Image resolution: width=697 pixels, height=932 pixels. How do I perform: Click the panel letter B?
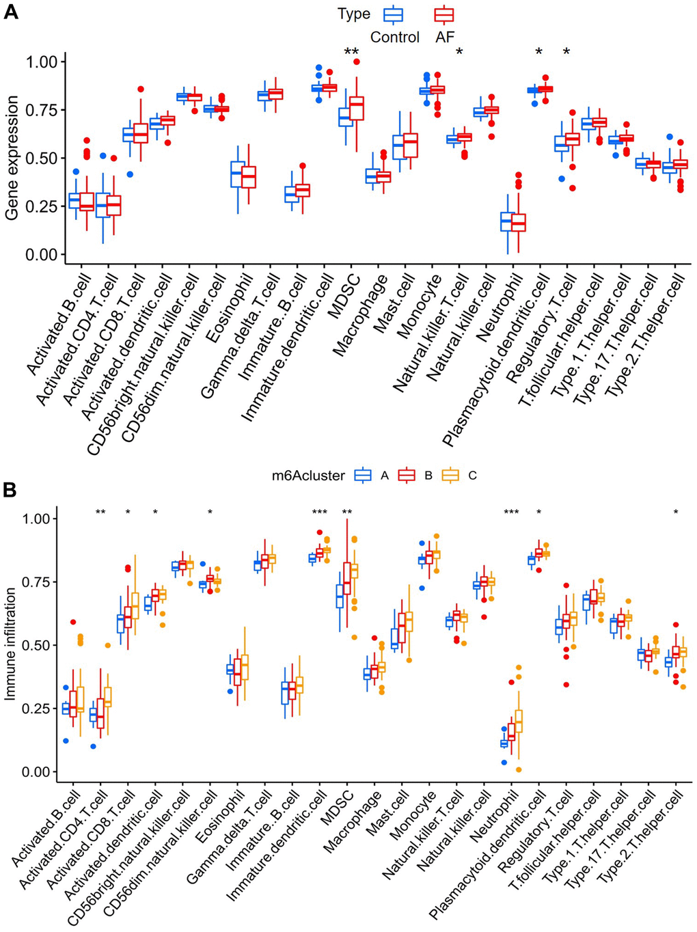[11, 489]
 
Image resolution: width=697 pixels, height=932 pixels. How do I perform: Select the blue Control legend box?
[394, 14]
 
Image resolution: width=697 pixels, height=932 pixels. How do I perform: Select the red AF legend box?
[444, 14]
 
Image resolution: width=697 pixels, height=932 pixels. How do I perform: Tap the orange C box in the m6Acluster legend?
[450, 476]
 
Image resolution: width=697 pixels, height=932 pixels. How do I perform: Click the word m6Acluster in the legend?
[308, 476]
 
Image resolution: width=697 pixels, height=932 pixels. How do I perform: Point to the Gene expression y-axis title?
[12, 158]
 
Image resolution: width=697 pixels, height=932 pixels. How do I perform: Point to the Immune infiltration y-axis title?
[10, 644]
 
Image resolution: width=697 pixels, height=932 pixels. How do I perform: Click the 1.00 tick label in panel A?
[42, 62]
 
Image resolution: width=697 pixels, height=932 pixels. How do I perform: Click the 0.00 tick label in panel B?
[35, 772]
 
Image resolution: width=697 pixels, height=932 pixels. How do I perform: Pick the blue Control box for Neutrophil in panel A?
[507, 221]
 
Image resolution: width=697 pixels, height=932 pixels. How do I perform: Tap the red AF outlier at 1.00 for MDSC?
[357, 62]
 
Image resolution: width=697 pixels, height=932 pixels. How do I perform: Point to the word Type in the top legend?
[354, 14]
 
